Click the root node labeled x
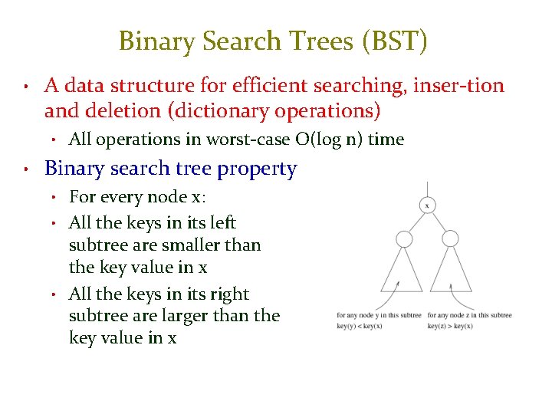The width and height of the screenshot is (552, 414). [x=426, y=205]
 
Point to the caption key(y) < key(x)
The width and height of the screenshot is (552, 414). [x=360, y=326]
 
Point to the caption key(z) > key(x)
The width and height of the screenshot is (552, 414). [x=450, y=326]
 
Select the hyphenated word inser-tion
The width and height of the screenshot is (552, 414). [x=458, y=85]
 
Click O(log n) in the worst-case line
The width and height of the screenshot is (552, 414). [x=329, y=140]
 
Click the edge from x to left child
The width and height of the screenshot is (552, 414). [x=414, y=221]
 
